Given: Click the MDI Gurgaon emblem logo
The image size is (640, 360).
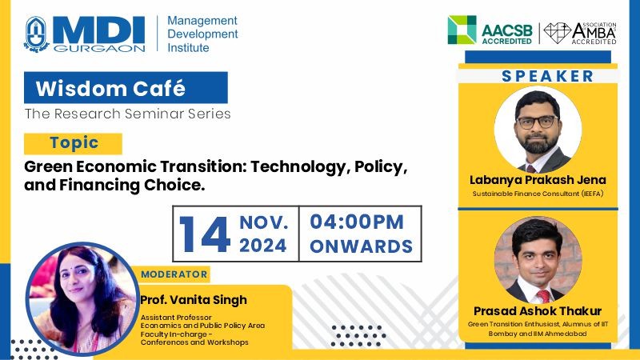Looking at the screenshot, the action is tap(37, 34).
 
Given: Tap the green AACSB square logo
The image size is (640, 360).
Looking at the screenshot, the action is tap(462, 30).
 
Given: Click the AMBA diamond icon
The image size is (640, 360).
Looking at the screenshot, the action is tap(557, 33).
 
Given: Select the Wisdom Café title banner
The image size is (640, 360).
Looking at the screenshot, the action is tap(126, 88).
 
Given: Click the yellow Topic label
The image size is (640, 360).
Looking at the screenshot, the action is tap(73, 143).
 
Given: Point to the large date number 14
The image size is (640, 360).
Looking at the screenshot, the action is tap(205, 234).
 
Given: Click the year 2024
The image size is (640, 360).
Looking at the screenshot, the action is tap(263, 246).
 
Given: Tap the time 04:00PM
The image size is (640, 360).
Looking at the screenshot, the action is tap(357, 222).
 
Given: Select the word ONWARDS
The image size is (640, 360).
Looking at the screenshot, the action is tap(362, 246).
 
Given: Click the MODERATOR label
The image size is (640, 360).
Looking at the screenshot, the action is tap(174, 274).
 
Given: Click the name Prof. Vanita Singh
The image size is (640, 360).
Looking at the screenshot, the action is tap(194, 300).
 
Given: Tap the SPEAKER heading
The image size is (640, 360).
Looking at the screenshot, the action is tap(548, 76).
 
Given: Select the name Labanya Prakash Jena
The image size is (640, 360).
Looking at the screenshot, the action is tap(538, 180).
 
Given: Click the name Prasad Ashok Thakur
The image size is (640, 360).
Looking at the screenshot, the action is tap(538, 311).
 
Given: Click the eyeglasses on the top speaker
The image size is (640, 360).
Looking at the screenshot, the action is tap(538, 122).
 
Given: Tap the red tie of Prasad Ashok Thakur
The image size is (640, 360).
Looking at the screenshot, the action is tap(543, 296).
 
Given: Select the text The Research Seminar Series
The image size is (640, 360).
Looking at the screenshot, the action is tap(127, 114).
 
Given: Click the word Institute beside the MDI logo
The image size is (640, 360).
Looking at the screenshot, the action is tap(188, 48).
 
